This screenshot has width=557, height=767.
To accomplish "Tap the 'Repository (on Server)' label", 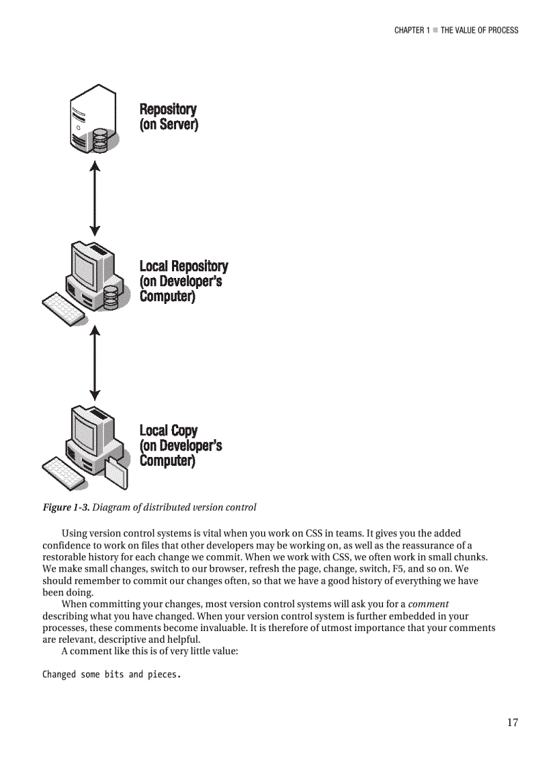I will click(169, 117).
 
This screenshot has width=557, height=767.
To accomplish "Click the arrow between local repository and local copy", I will click(96, 362).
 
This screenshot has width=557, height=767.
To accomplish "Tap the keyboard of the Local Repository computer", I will click(63, 309).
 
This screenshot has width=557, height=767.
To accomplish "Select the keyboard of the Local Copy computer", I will click(63, 472).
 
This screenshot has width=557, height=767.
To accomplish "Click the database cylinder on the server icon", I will click(100, 139).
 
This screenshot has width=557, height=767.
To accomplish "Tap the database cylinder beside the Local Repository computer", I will click(111, 298).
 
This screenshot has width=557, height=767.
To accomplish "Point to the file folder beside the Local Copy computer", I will click(115, 473).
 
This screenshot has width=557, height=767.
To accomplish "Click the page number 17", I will click(512, 723).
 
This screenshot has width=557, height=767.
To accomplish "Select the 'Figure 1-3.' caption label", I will click(66, 507).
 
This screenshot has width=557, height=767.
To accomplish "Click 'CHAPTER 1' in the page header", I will click(412, 30).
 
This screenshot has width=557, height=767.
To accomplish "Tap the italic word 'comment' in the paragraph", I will click(428, 604).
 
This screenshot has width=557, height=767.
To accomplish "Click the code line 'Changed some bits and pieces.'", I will click(111, 675).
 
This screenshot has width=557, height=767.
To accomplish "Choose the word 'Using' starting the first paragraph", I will click(74, 533).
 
